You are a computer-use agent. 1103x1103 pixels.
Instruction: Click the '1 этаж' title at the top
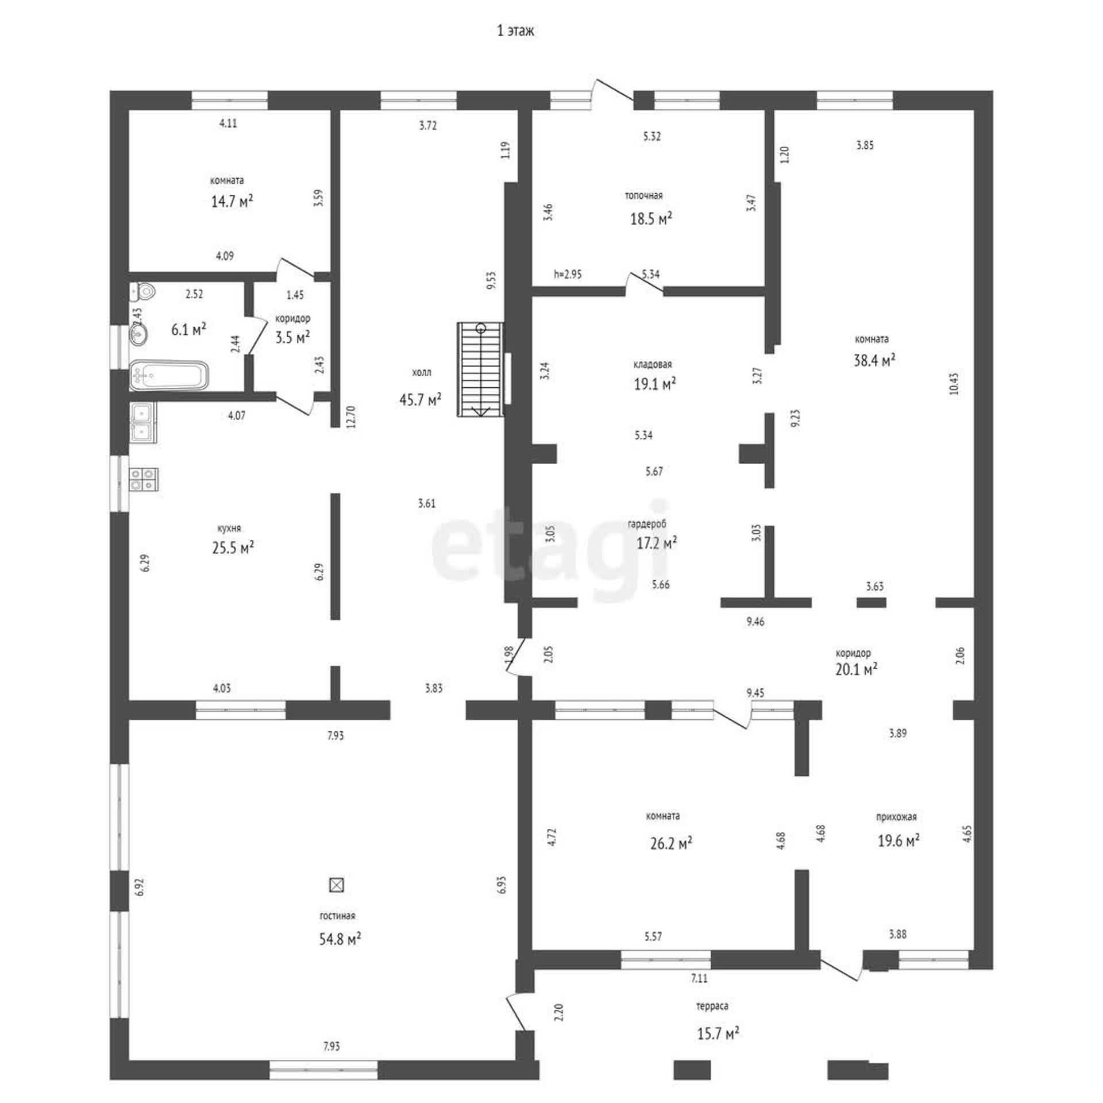point(515,31)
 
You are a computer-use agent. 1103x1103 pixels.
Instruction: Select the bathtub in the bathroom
point(168,376)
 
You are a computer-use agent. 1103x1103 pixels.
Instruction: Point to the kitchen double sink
point(143,422)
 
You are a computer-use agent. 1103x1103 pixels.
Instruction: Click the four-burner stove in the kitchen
point(144,480)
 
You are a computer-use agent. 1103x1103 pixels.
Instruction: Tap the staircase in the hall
point(480,369)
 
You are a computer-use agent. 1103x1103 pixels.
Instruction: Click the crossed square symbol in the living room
point(336,885)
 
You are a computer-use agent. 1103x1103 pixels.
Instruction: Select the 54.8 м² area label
point(340,939)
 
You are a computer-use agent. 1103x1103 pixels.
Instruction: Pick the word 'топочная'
point(643,196)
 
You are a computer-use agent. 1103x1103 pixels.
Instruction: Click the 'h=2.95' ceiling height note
point(568,275)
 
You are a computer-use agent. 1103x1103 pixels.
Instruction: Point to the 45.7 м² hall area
point(421,399)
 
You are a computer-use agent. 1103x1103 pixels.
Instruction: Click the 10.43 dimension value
point(954,384)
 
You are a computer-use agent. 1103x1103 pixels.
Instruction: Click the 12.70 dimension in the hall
point(352,417)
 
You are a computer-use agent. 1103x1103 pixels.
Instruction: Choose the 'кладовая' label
point(653,364)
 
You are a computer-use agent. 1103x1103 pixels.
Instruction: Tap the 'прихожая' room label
point(896,817)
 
